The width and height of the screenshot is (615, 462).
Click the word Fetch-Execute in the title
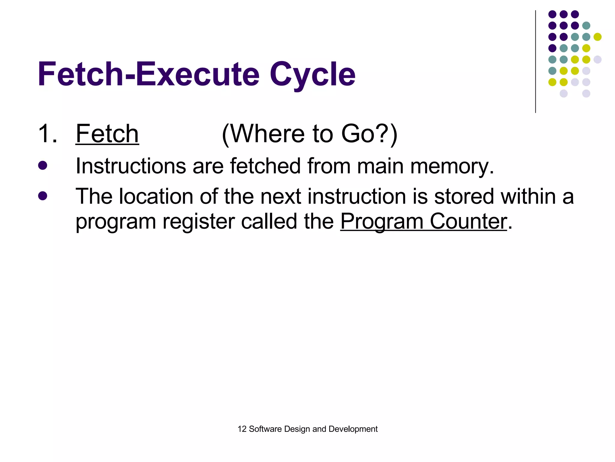148,74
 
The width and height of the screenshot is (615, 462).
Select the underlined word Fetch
107,134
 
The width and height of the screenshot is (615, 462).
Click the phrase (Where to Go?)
310,134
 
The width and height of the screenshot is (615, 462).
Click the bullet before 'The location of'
43,196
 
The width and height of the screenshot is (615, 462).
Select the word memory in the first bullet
452,167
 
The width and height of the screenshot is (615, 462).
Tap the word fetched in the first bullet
265,166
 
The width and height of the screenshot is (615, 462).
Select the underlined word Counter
468,221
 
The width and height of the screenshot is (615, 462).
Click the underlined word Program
382,222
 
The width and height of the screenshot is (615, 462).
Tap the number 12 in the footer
242,429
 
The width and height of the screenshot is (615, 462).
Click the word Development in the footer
353,429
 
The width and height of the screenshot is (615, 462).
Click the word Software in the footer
265,429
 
